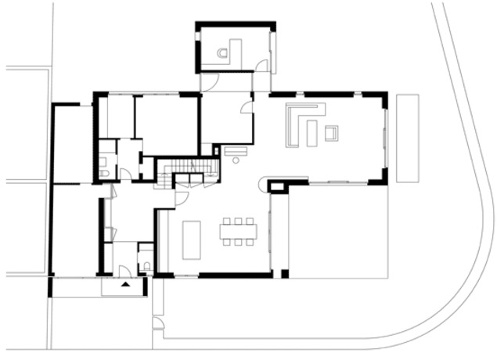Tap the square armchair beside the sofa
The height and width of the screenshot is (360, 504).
(x=330, y=132)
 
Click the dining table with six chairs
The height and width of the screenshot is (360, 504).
(x=238, y=229)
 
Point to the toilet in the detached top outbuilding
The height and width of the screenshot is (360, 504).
(x=225, y=54)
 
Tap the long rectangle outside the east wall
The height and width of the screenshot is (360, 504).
(x=407, y=137)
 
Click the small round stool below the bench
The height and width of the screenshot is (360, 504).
(x=235, y=159)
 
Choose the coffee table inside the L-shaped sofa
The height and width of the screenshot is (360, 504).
(x=311, y=133)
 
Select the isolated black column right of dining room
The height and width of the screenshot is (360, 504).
(x=285, y=274)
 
